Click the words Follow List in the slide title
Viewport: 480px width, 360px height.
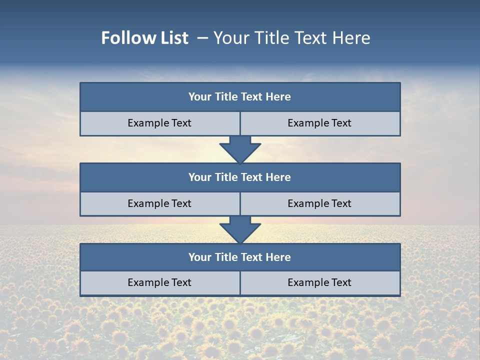coord(145,38)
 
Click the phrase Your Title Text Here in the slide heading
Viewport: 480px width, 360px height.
coord(292,38)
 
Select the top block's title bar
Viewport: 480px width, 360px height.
coord(240,97)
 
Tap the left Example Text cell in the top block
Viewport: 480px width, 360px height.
coord(160,123)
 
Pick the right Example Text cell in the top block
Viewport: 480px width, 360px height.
coord(320,123)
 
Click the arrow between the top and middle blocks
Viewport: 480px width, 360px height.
coord(240,149)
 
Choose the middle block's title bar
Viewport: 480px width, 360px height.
coord(240,177)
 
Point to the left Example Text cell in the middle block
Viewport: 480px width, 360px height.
coord(160,203)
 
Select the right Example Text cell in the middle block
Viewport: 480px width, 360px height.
coord(320,203)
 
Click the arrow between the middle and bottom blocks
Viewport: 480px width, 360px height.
coord(240,229)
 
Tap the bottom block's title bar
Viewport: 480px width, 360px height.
coord(240,257)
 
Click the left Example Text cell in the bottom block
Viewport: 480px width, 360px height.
coord(160,282)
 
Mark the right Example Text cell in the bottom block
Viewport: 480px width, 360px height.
coord(320,282)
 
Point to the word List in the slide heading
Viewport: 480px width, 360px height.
coord(173,38)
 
